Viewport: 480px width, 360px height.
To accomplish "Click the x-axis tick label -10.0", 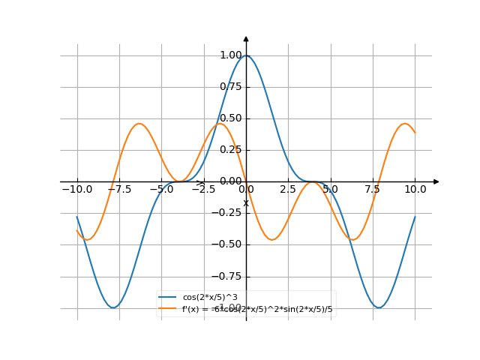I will (x=76, y=190).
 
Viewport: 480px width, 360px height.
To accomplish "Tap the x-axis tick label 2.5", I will (x=288, y=190).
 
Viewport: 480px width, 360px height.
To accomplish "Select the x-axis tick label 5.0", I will (x=330, y=190).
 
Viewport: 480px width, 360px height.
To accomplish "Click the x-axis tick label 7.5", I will (x=373, y=190).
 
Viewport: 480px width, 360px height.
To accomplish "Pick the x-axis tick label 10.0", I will (x=415, y=190).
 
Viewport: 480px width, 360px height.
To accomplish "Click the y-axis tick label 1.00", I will (x=230, y=55).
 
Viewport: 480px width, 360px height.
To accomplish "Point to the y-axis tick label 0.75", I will (x=230, y=86).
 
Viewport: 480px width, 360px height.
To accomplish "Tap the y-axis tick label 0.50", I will (x=230, y=118).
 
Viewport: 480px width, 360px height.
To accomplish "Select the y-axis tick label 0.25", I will (x=230, y=149).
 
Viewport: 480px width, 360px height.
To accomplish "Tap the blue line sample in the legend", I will (x=168, y=298).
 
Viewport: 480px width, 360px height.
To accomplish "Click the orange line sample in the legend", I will (x=168, y=308).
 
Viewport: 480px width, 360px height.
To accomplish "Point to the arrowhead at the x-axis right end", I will (x=436, y=181).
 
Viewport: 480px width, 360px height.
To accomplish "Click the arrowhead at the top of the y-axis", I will (x=246, y=38).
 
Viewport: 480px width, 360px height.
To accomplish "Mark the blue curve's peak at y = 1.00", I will (x=246, y=55).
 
